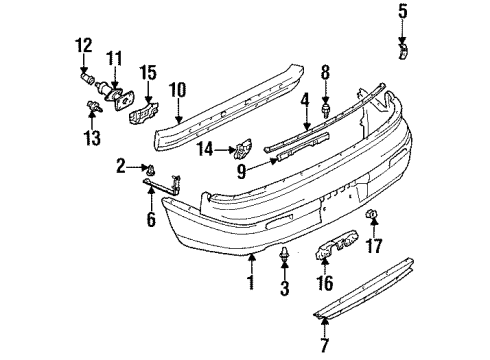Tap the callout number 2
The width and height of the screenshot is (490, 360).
(122, 164)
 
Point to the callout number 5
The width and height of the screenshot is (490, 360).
(404, 13)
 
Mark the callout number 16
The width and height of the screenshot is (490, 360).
(324, 284)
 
